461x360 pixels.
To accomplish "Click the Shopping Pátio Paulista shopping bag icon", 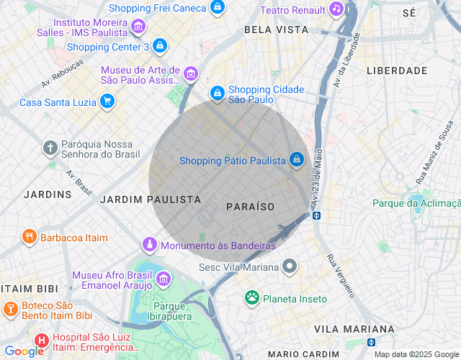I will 296,160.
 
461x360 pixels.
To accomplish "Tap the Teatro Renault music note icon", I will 336,9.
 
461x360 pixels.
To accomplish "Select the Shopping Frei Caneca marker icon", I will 217,8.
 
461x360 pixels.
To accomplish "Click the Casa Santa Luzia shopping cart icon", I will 107,102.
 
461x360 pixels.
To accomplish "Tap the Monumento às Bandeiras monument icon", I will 149,245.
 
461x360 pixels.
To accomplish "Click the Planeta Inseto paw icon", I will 251,298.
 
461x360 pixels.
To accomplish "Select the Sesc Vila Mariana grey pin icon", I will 290,267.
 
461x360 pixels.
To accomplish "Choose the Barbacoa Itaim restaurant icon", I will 29,237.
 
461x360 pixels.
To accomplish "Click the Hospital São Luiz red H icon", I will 42,340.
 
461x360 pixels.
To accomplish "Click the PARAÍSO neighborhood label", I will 250,207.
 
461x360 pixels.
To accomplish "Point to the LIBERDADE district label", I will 397,71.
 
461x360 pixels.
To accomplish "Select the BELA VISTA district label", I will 276,30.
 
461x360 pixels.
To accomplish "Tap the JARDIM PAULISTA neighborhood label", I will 151,199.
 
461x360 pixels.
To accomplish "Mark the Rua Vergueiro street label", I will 340,276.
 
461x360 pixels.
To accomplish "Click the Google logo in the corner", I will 24,351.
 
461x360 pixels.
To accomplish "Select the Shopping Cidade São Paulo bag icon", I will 217,94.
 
